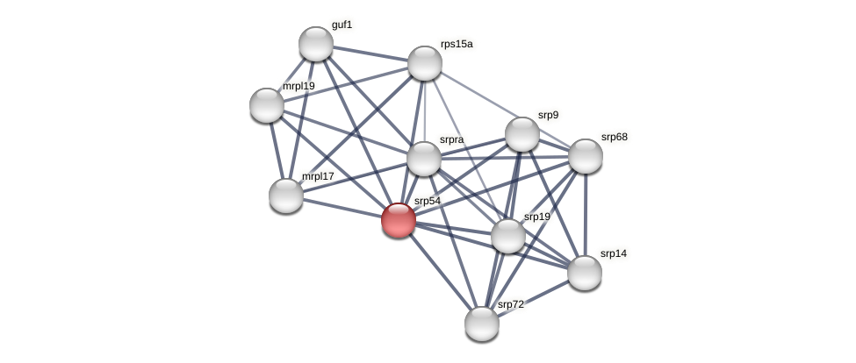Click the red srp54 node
tap(399, 219)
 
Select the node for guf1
tap(316, 44)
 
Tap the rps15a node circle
tap(425, 63)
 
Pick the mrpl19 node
tap(267, 105)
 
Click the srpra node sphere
tap(424, 159)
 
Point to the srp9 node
tap(522, 134)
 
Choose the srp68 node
tap(586, 156)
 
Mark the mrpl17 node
tap(286, 195)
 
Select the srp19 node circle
tap(508, 236)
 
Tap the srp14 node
tap(585, 273)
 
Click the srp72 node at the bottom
tap(482, 324)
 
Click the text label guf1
tap(342, 25)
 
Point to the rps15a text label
tap(457, 44)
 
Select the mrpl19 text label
tap(299, 86)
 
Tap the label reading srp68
tap(615, 137)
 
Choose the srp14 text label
tap(614, 253)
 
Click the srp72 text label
tap(511, 304)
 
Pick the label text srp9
tap(548, 115)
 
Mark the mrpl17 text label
tap(318, 176)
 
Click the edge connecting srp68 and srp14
tap(586, 215)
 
